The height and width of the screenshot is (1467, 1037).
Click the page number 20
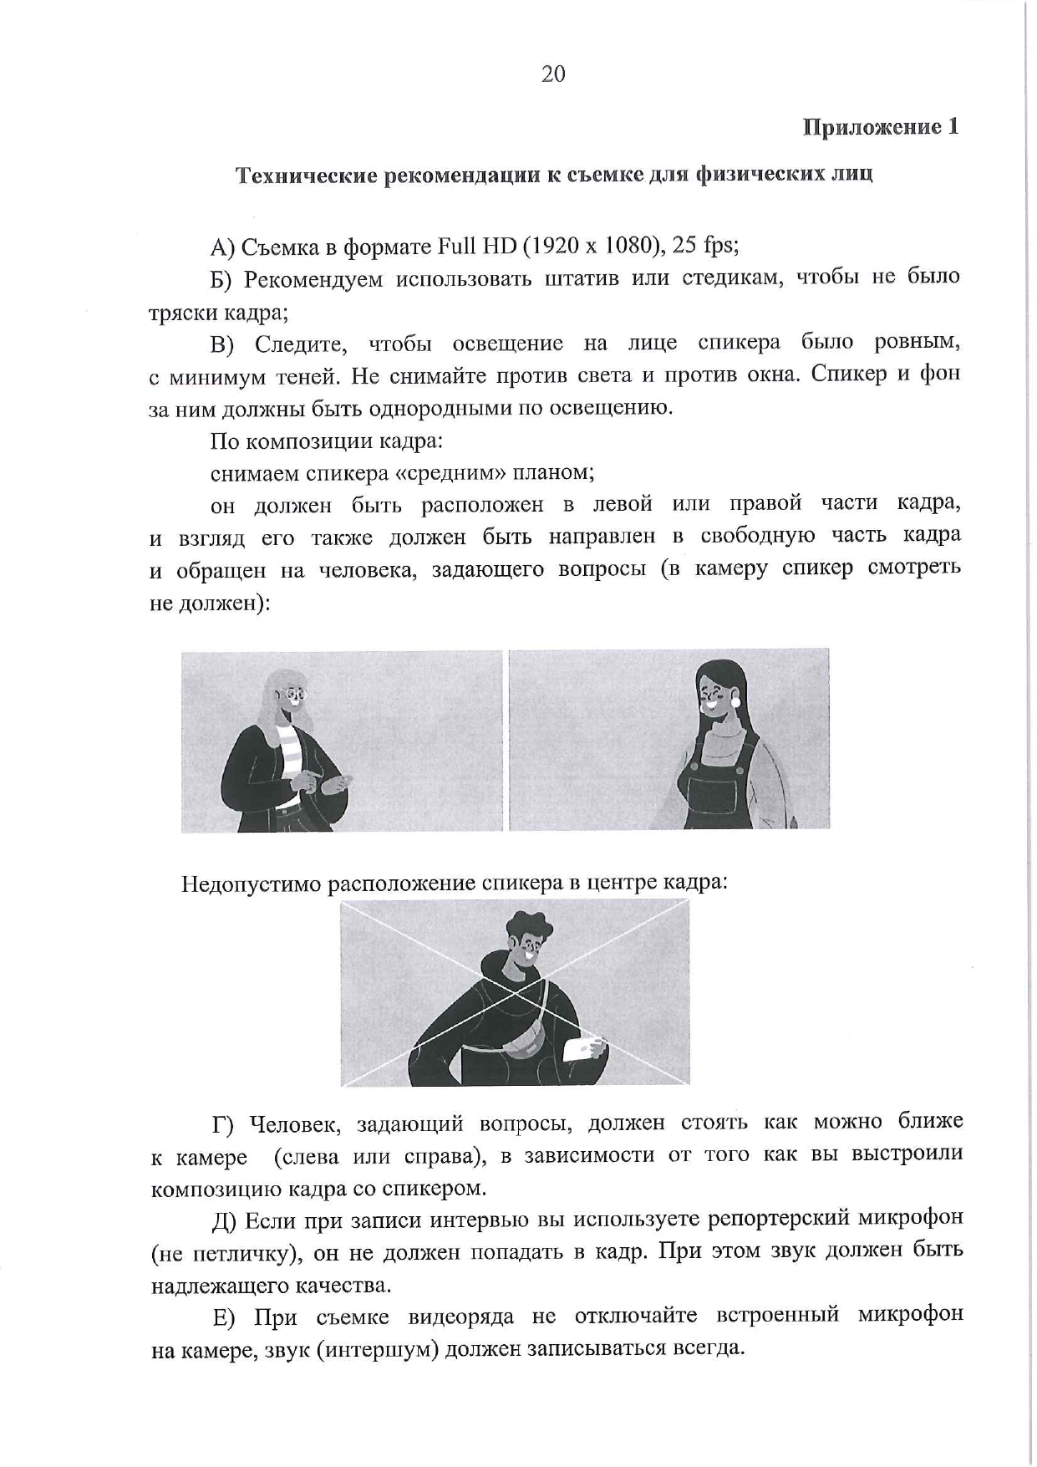point(553,74)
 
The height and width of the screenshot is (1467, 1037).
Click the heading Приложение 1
point(881,127)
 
